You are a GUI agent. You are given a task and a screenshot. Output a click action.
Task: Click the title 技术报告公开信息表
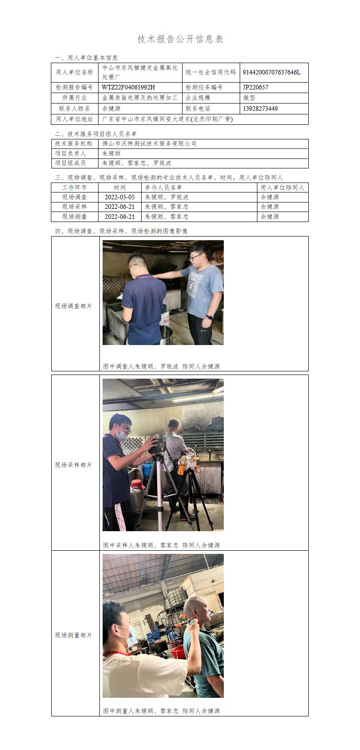pyautogui.click(x=180, y=39)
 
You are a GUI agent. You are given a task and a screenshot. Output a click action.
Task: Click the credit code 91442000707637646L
pyautogui.click(x=271, y=72)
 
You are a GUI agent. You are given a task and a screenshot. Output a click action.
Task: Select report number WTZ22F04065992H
pyautogui.click(x=128, y=87)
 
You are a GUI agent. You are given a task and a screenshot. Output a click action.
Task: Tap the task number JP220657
pyautogui.click(x=256, y=87)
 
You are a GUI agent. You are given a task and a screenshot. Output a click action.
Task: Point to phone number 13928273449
pyautogui.click(x=260, y=109)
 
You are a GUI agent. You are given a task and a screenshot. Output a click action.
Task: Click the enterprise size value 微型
pyautogui.click(x=249, y=98)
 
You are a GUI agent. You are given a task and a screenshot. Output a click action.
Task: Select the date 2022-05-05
pyautogui.click(x=119, y=197)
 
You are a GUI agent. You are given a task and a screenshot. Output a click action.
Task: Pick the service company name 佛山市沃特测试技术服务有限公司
pyautogui.click(x=149, y=143)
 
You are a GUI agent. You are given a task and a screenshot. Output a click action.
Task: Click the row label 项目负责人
pyautogui.click(x=70, y=153)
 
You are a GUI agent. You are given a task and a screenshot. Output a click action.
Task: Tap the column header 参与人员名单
pyautogui.click(x=163, y=187)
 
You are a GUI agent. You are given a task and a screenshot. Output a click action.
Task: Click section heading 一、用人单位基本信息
pyautogui.click(x=86, y=58)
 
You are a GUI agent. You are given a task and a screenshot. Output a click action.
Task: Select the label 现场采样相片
pyautogui.click(x=74, y=465)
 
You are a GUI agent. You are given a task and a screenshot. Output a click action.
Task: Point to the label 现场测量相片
pyautogui.click(x=74, y=635)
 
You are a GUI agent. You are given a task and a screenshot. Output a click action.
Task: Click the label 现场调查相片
pyautogui.click(x=74, y=306)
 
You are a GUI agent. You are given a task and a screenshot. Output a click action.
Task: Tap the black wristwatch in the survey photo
pyautogui.click(x=209, y=316)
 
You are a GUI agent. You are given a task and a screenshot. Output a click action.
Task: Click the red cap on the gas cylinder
pyautogui.click(x=137, y=484)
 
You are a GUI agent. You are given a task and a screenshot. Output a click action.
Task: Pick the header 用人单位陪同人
pyautogui.click(x=282, y=187)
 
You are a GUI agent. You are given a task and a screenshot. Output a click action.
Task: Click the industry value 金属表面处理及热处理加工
pyautogui.click(x=140, y=98)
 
